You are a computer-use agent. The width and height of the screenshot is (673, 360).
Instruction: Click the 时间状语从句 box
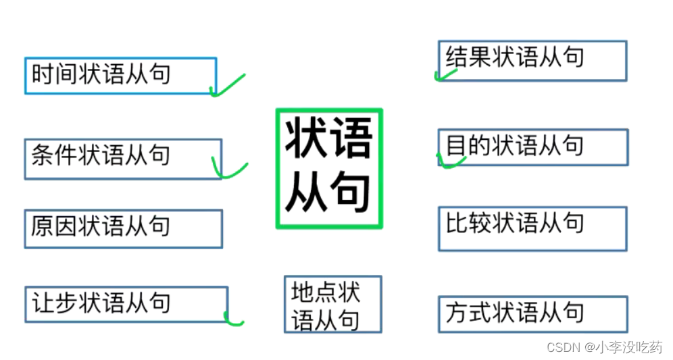(120, 76)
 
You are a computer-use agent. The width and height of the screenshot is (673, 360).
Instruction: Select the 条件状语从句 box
(123, 159)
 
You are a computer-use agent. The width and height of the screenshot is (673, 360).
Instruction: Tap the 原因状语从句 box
(123, 228)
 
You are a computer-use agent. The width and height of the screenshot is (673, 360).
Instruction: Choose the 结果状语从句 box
(532, 61)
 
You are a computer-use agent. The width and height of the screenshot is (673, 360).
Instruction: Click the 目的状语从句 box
(532, 147)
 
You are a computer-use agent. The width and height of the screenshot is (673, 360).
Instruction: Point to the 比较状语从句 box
(532, 228)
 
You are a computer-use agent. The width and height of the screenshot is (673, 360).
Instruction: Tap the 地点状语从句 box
(332, 304)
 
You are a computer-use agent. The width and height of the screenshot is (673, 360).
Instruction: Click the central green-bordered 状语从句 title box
(329, 168)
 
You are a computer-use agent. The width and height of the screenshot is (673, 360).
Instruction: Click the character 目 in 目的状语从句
(457, 145)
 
